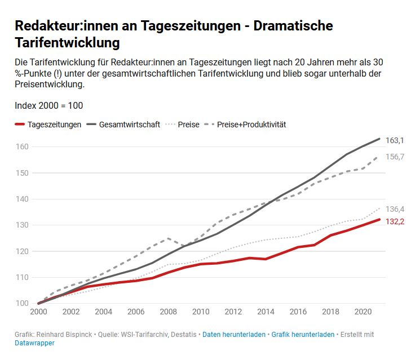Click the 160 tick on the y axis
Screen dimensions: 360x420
click(x=22, y=147)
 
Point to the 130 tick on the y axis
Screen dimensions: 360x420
click(x=22, y=225)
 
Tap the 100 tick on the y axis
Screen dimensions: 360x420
click(x=22, y=304)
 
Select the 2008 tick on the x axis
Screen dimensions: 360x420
click(x=168, y=312)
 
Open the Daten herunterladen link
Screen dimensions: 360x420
click(x=234, y=335)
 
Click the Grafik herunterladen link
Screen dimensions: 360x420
click(x=303, y=335)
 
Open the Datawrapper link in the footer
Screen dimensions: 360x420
click(x=34, y=343)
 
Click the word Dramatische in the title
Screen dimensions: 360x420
click(x=290, y=26)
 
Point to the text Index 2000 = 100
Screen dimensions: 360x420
click(x=49, y=105)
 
